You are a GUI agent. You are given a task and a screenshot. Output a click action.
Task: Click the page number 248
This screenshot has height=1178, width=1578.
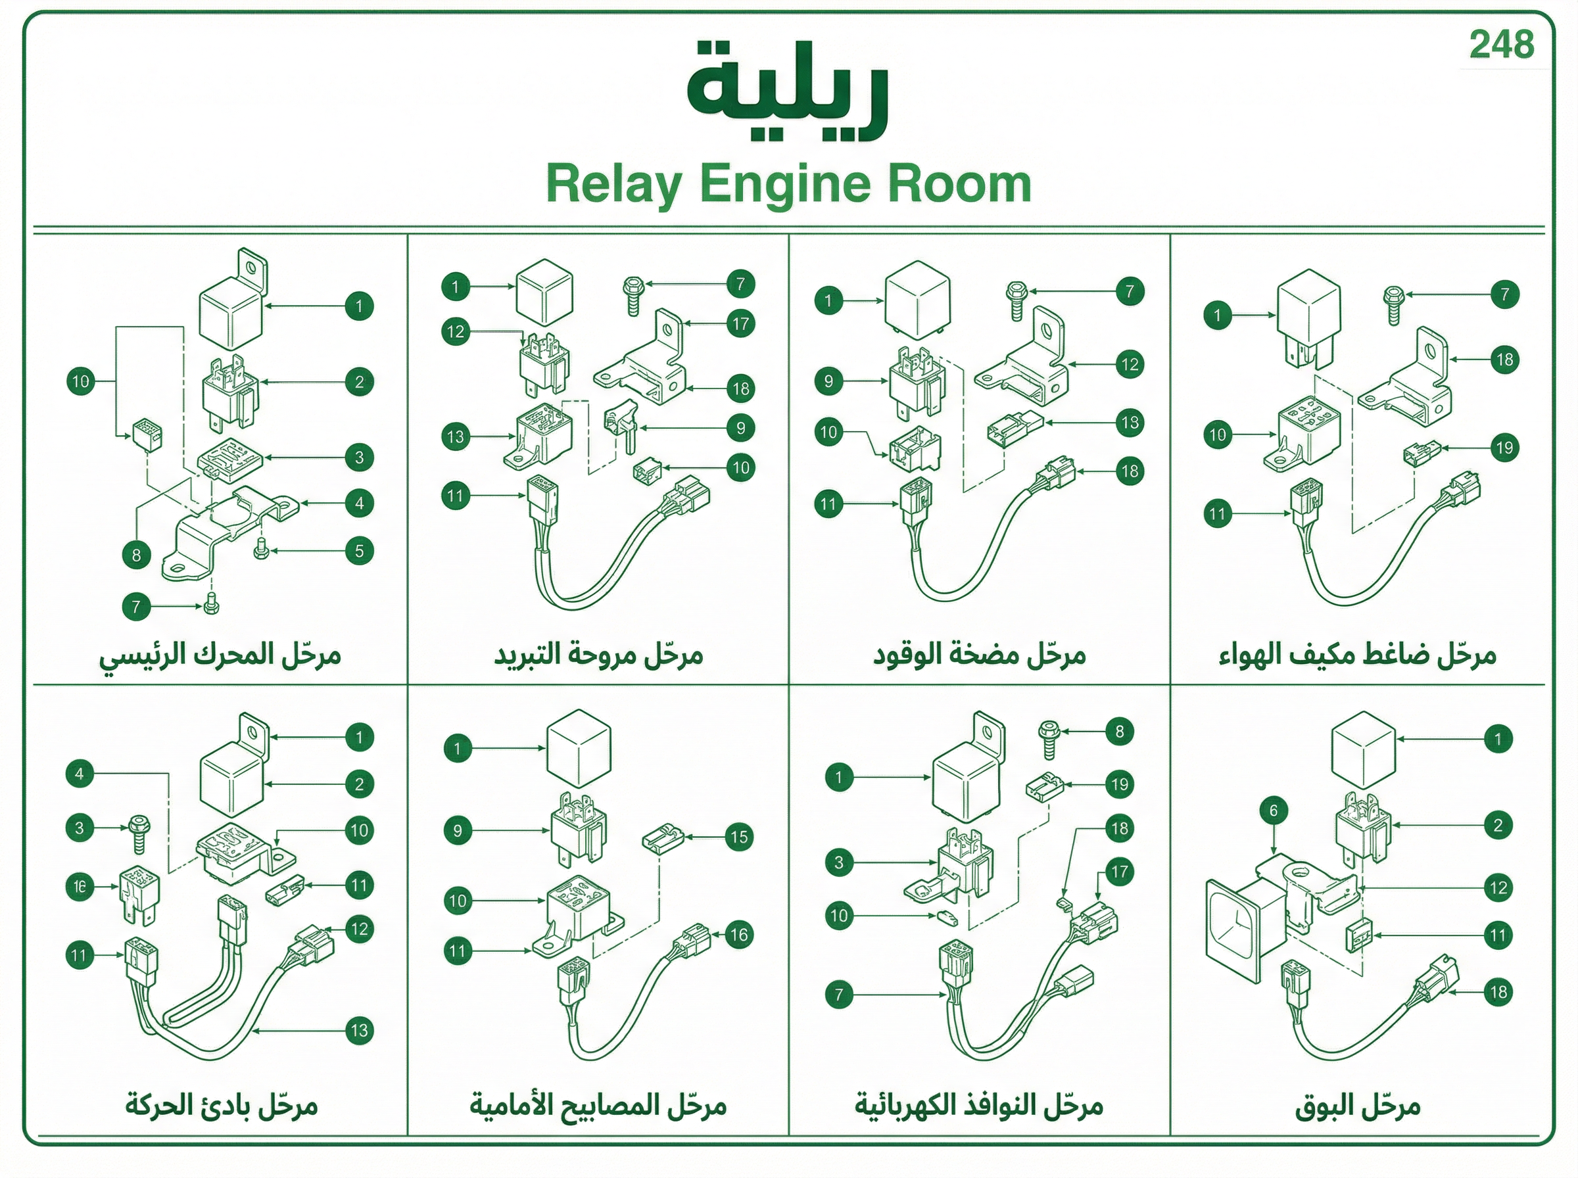point(1502,45)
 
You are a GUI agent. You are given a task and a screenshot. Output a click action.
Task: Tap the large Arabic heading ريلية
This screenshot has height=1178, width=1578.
point(788,91)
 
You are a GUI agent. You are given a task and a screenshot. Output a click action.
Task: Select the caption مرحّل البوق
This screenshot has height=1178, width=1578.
point(1358,1106)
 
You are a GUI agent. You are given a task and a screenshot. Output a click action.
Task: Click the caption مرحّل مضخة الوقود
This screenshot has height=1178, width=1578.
point(979,655)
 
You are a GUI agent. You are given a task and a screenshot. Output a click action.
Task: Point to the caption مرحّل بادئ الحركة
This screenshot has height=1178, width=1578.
point(222,1106)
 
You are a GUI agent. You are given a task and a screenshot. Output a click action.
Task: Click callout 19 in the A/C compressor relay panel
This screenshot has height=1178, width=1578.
point(1504,448)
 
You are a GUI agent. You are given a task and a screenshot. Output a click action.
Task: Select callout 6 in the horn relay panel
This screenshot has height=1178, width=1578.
point(1274,810)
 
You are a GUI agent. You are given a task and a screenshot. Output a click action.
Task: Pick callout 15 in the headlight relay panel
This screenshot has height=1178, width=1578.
point(739,836)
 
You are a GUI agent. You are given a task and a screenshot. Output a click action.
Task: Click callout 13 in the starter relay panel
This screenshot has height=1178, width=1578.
point(360,1029)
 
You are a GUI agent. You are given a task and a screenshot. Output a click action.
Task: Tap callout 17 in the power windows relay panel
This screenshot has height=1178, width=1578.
point(1120,872)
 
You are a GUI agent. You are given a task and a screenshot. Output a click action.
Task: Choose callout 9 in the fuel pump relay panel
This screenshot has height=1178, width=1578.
point(828,381)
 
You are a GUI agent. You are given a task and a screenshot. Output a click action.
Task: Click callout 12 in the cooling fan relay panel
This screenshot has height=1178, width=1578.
point(456,331)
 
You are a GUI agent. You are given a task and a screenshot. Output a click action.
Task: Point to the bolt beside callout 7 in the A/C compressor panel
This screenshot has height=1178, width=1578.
point(1393,304)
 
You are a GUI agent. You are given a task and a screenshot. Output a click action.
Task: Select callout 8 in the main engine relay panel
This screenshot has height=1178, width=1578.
point(136,555)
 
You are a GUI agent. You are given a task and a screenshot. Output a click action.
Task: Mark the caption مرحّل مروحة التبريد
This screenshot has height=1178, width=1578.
point(599,655)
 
